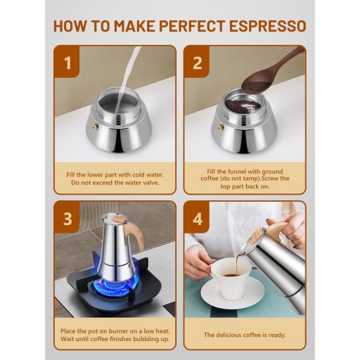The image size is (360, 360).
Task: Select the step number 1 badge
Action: click(67, 63)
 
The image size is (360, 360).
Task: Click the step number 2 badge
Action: click(197, 63)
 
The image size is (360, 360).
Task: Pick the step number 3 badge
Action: click(67, 218)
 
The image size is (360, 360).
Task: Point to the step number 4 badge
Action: click(197, 219)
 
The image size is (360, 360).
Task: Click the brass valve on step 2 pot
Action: click(221, 127)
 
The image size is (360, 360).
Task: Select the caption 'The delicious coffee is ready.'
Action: click(245, 335)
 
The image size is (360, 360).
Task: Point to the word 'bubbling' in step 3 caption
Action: click(135, 340)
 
